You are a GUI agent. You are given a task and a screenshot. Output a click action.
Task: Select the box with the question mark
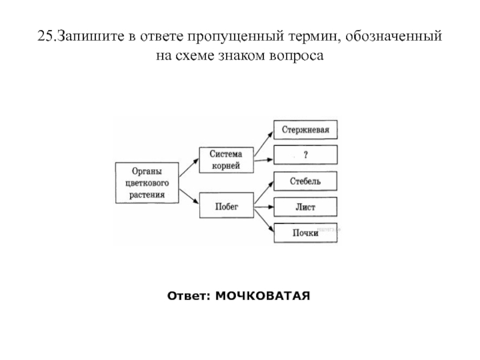305,155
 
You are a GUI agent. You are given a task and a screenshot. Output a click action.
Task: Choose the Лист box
305,207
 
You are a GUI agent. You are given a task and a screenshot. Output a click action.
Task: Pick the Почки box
305,233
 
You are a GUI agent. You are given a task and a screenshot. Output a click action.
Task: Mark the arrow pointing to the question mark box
263,158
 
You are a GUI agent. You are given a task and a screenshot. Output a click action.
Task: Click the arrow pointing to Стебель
263,194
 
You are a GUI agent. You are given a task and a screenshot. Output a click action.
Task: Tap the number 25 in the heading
45,37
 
